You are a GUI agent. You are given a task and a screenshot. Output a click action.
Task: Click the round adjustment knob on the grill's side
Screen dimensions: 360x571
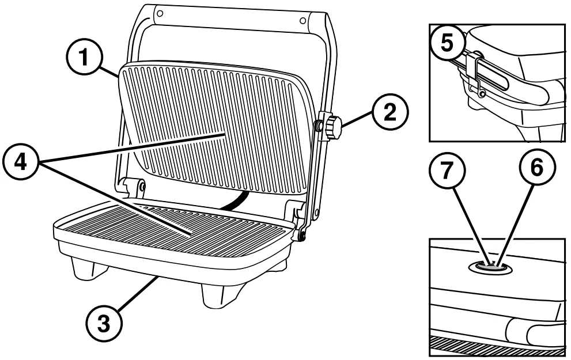coord(334,126)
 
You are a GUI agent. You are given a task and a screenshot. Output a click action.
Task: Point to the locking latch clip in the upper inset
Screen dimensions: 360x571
coord(478,72)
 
